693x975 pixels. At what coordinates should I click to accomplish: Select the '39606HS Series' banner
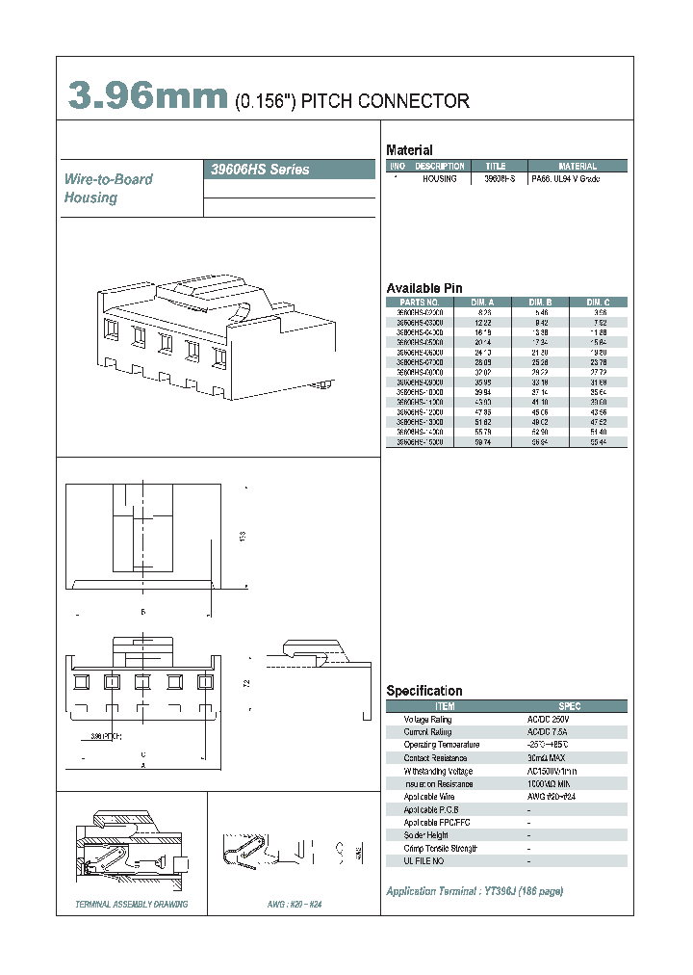(x=260, y=170)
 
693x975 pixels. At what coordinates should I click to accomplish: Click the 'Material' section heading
(x=409, y=150)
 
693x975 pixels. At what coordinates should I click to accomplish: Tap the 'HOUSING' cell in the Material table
(x=440, y=180)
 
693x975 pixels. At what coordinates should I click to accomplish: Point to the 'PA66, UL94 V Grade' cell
(x=565, y=180)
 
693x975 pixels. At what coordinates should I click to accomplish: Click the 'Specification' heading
(x=423, y=691)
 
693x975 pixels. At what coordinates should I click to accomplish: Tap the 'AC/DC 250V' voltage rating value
(x=549, y=720)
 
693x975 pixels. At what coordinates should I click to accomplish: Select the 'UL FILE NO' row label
(x=425, y=860)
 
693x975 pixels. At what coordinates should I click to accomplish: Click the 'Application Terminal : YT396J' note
(x=474, y=891)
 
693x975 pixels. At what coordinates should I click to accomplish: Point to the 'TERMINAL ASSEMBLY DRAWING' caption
(x=132, y=905)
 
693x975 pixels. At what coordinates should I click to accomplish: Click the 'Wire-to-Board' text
(x=108, y=179)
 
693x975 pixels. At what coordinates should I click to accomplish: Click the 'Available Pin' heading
(x=424, y=288)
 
